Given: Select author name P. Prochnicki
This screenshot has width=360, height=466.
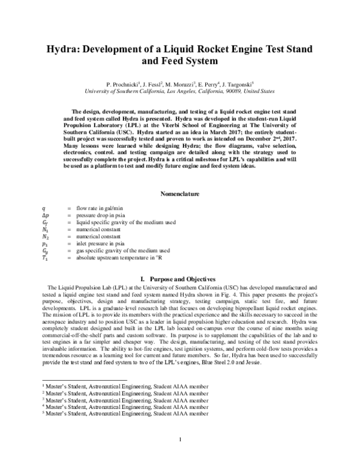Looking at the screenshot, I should [x=123, y=85].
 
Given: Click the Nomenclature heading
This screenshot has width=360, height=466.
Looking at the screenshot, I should [x=180, y=194].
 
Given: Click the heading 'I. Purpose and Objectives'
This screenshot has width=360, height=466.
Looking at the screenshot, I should [x=180, y=279].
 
